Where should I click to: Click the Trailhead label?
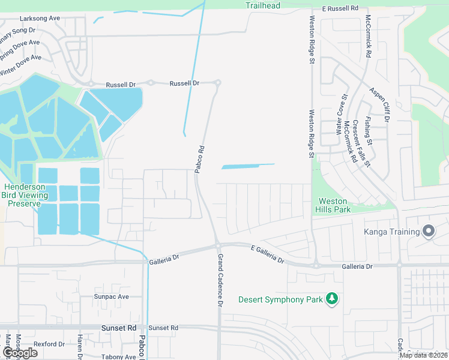click(263, 5)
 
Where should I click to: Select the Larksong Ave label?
click(39, 19)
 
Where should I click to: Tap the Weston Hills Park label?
click(333, 205)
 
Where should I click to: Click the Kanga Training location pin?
click(429, 230)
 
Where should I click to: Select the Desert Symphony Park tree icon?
click(331, 299)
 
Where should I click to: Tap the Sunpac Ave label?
click(111, 296)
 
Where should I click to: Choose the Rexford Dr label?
click(49, 344)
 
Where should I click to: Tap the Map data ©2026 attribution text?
click(423, 355)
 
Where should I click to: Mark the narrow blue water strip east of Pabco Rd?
click(248, 166)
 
